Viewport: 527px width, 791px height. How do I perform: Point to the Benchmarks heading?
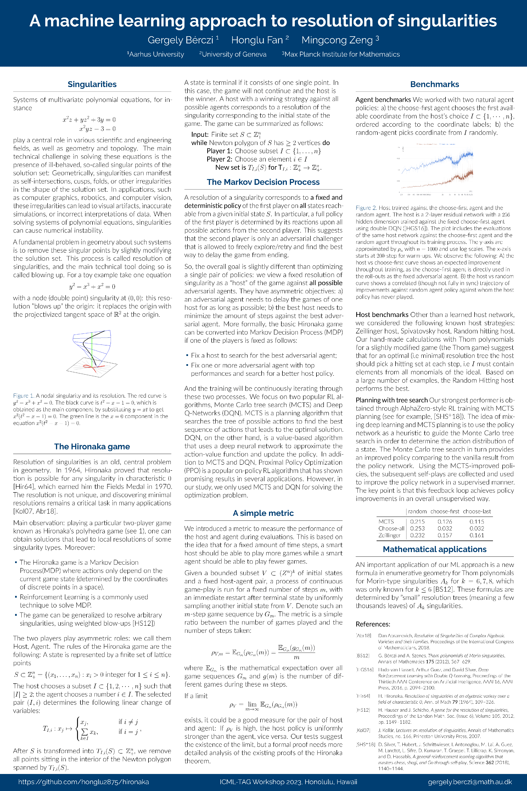[x=435, y=84]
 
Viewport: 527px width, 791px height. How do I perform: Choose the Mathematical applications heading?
[x=435, y=549]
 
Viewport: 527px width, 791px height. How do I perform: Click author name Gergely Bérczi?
[x=181, y=40]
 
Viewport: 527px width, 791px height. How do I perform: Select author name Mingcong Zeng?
[x=337, y=40]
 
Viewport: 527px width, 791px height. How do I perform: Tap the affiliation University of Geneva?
[x=234, y=54]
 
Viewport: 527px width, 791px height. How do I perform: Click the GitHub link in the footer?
[x=83, y=782]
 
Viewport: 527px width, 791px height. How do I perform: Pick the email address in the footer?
[x=470, y=782]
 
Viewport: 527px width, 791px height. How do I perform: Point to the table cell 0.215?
[x=417, y=522]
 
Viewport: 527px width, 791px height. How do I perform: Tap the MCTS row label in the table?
[x=386, y=522]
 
